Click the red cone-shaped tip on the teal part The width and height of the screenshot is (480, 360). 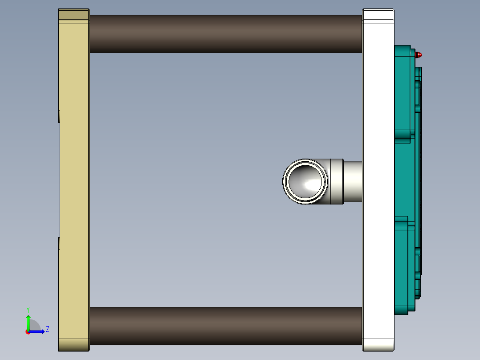coord(418,55)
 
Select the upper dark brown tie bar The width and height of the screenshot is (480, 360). coord(225,34)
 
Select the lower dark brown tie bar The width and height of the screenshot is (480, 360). coord(225,326)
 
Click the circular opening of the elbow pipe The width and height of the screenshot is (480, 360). coord(305,182)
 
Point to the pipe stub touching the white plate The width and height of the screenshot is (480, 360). coord(353,182)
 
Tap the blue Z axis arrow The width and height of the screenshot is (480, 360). coord(37,331)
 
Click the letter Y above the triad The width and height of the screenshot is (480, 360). coord(28,309)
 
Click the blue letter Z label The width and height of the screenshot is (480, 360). coord(47,329)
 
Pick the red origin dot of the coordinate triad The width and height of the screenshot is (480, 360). coord(28,331)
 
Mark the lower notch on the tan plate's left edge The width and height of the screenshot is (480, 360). coord(59,243)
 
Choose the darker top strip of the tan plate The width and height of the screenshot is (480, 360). coord(74,15)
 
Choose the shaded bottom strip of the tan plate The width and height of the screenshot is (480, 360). coord(74,344)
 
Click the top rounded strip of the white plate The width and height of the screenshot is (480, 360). coord(378,15)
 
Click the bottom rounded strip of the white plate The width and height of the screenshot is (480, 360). coord(378,344)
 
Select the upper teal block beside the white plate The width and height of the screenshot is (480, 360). coord(403,91)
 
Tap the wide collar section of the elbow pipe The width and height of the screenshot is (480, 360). coord(336,182)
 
